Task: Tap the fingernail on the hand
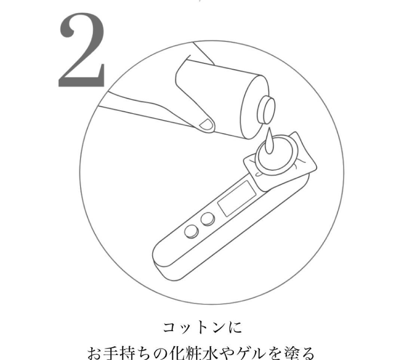(206, 124)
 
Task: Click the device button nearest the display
(207, 219)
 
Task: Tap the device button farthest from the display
(192, 232)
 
